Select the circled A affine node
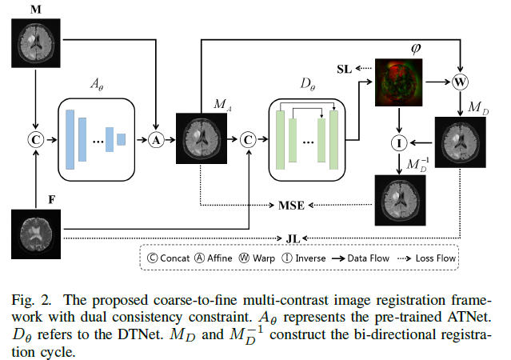[x=157, y=139]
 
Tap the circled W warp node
[x=460, y=82]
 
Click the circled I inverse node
[x=399, y=143]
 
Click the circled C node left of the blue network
[x=35, y=139]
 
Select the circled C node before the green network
[x=249, y=139]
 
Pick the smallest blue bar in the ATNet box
[x=122, y=139]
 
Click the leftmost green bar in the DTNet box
[x=280, y=139]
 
